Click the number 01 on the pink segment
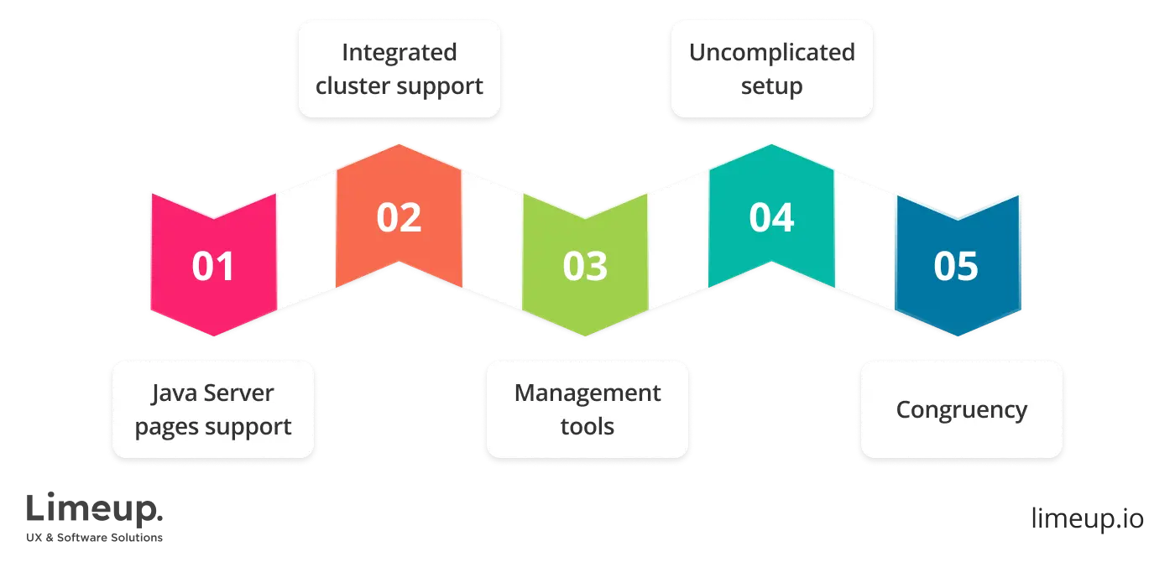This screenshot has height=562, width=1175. click(x=213, y=267)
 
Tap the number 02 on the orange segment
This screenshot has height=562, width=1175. click(x=399, y=217)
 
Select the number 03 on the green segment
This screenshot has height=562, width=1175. click(x=585, y=267)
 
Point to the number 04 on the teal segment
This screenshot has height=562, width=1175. click(x=771, y=217)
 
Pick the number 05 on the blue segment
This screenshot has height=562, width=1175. click(x=957, y=267)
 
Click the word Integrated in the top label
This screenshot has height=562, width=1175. click(x=399, y=52)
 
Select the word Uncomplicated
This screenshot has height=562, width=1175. click(x=771, y=52)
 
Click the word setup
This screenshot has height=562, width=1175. click(x=771, y=86)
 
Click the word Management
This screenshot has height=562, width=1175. click(x=587, y=393)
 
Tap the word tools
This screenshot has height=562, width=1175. click(x=587, y=427)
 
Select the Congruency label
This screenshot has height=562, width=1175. click(x=961, y=409)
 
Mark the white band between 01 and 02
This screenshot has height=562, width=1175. click(x=306, y=243)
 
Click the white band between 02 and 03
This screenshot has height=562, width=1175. click(x=492, y=243)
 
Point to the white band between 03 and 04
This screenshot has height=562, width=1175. click(x=678, y=243)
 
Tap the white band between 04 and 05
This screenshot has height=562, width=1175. click(x=864, y=243)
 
